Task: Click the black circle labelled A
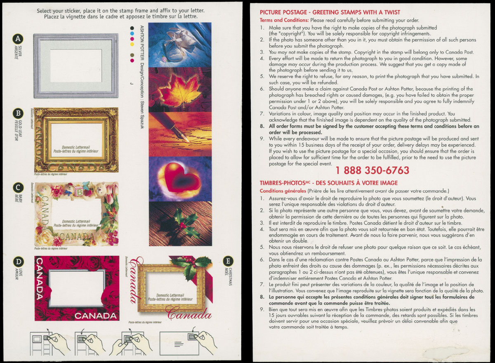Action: point(18,39)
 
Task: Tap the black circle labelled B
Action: point(18,113)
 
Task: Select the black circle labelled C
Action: point(18,188)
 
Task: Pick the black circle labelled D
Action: point(18,262)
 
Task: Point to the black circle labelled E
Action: point(228,261)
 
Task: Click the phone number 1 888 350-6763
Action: point(372,170)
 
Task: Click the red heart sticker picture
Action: point(180,179)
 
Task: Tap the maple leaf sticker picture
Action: point(180,90)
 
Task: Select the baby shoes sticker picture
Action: point(180,45)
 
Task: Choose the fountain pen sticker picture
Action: point(180,134)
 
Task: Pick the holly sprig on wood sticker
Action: point(180,224)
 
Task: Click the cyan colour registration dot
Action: point(132,33)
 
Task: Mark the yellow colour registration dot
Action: point(132,44)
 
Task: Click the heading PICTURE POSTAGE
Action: point(283,12)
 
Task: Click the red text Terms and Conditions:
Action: point(284,20)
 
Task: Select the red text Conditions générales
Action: point(283,191)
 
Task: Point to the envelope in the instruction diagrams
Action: point(179,343)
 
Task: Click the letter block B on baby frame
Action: point(79,192)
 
